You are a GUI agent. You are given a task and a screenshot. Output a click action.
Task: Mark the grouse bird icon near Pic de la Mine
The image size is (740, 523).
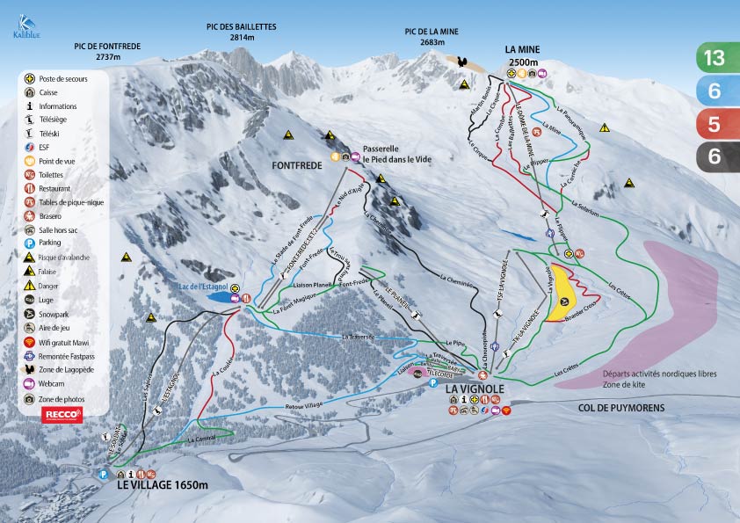[x=467, y=64]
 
